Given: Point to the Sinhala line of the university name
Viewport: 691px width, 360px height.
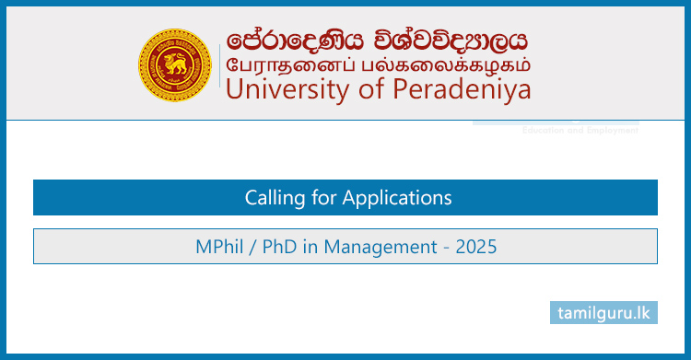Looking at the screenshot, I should coord(378,41).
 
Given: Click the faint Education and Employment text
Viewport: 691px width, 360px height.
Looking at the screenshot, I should coord(580,131).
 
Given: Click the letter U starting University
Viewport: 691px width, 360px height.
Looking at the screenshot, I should coord(233,89).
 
